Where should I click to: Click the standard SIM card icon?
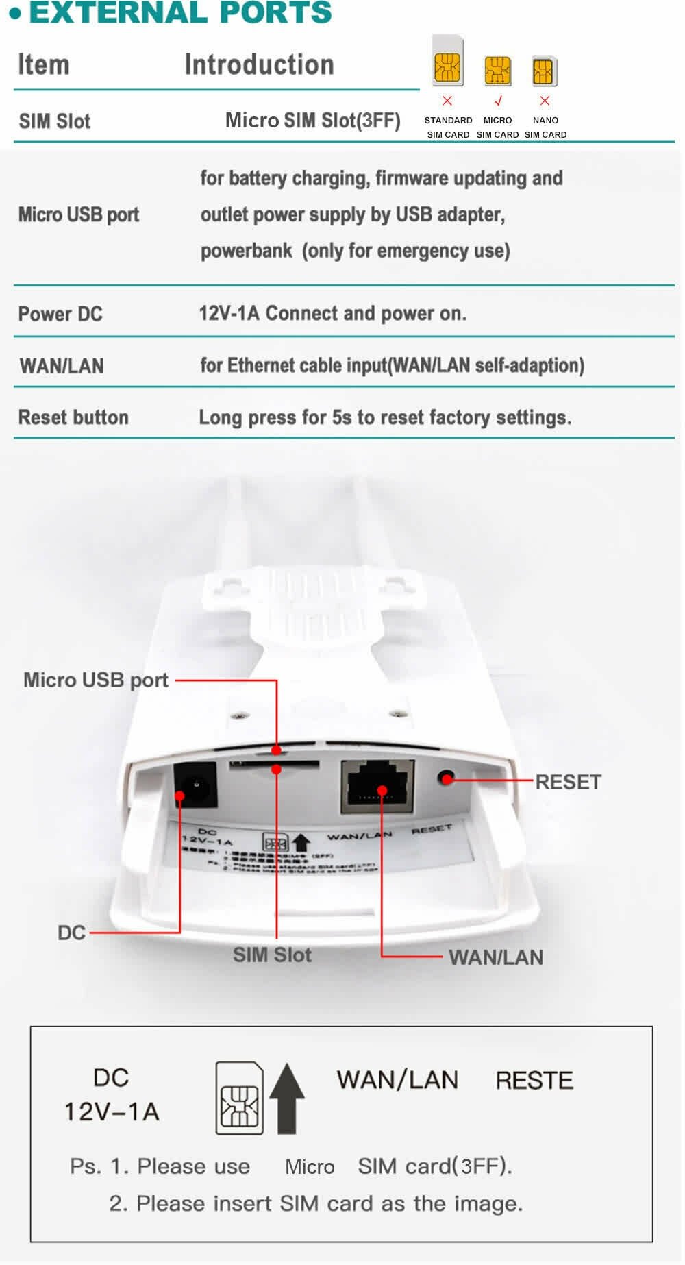pyautogui.click(x=448, y=61)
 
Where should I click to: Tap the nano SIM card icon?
pyautogui.click(x=545, y=71)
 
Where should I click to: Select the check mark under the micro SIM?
pyautogui.click(x=498, y=101)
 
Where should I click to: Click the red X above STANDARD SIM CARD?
pyautogui.click(x=447, y=101)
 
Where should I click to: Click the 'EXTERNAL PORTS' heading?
pyautogui.click(x=180, y=12)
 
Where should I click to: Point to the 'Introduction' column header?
pyautogui.click(x=259, y=64)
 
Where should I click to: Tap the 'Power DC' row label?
pyautogui.click(x=60, y=314)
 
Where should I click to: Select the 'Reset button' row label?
pyautogui.click(x=73, y=417)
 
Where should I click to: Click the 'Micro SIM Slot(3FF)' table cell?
pyautogui.click(x=312, y=121)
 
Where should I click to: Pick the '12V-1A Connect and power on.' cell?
pyautogui.click(x=332, y=313)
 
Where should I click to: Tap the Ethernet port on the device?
pyautogui.click(x=377, y=786)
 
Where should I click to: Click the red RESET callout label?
pyautogui.click(x=568, y=782)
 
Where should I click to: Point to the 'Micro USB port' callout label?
pyautogui.click(x=96, y=680)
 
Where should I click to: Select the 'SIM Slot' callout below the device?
pyautogui.click(x=272, y=955)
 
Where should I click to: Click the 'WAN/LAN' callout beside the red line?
pyautogui.click(x=496, y=957)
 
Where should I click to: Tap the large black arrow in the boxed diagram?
pyautogui.click(x=287, y=1098)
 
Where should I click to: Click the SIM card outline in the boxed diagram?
pyautogui.click(x=240, y=1098)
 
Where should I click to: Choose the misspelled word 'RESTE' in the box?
pyautogui.click(x=534, y=1080)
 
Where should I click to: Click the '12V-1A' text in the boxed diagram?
pyautogui.click(x=112, y=1112)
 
